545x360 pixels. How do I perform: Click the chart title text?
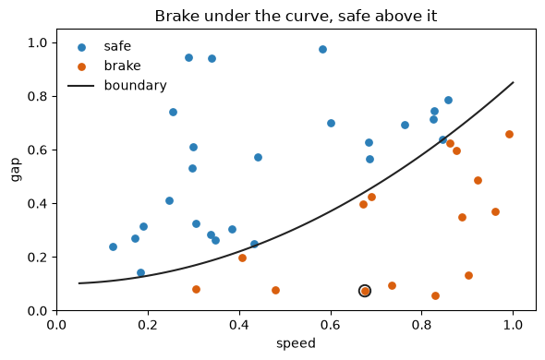pos(296,16)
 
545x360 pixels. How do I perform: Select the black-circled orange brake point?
pos(365,291)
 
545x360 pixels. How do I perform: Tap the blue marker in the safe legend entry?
pos(81,48)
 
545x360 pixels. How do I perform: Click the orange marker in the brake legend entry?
pos(81,66)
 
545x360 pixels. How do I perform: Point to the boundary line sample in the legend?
pos(80,86)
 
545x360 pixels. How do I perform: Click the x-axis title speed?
pos(296,343)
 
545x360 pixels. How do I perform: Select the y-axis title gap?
pos(16,170)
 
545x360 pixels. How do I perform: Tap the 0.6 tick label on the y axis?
pos(37,150)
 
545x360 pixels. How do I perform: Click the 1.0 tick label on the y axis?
pos(37,42)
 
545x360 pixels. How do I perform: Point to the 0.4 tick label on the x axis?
pos(239,325)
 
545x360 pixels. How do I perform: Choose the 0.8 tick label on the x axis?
pos(422,325)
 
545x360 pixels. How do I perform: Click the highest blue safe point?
pos(322,49)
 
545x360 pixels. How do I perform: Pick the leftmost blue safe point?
pos(113,247)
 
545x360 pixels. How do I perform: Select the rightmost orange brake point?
pos(509,135)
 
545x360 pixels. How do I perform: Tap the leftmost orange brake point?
pos(196,290)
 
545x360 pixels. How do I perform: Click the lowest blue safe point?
pos(140,273)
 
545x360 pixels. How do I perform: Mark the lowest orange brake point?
pos(435,296)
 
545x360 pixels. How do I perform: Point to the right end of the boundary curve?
pos(514,82)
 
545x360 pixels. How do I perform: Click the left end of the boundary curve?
pos(79,283)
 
